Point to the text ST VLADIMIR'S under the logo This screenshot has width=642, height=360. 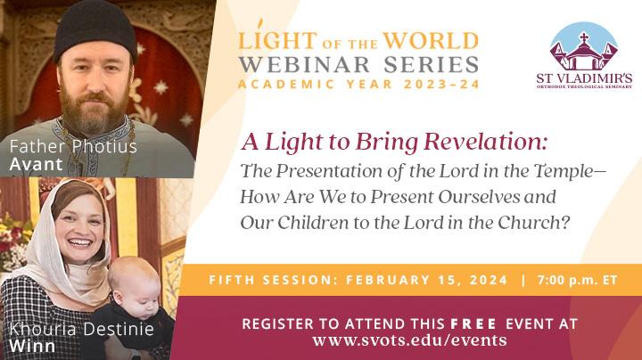(584, 79)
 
